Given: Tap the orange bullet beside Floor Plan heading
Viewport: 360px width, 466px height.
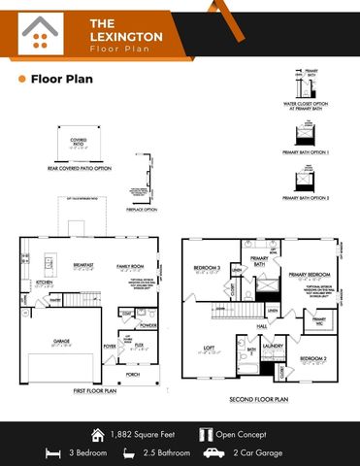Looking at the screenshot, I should tap(21, 80).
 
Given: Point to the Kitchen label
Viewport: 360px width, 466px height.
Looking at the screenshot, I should tap(43, 283).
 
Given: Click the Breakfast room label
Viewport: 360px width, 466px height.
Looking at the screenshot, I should tap(83, 264).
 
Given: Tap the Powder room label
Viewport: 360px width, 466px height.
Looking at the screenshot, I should tap(147, 325).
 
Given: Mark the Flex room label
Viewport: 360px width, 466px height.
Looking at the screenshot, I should tap(139, 343).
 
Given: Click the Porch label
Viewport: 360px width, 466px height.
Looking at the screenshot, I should tap(132, 373).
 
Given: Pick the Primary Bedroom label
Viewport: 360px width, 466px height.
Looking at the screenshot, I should tap(310, 275).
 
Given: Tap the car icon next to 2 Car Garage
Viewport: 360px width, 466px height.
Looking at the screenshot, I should tap(214, 451).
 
